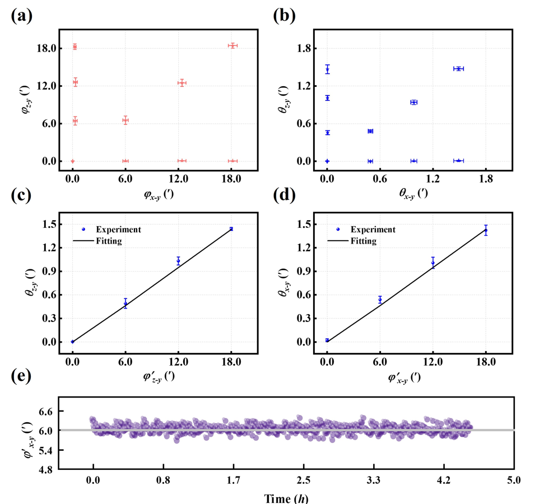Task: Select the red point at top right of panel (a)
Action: (232, 45)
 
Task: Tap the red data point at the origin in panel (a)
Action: (72, 161)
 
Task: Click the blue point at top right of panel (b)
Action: (458, 69)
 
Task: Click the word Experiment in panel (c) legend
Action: (118, 230)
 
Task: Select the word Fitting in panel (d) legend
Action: (364, 241)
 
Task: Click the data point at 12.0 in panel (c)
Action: (178, 261)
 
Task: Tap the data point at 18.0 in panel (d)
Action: (486, 230)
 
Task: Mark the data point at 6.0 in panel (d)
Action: (380, 300)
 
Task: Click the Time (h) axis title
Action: (286, 497)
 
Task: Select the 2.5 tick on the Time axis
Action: (304, 479)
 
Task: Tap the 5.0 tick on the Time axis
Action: (514, 479)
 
